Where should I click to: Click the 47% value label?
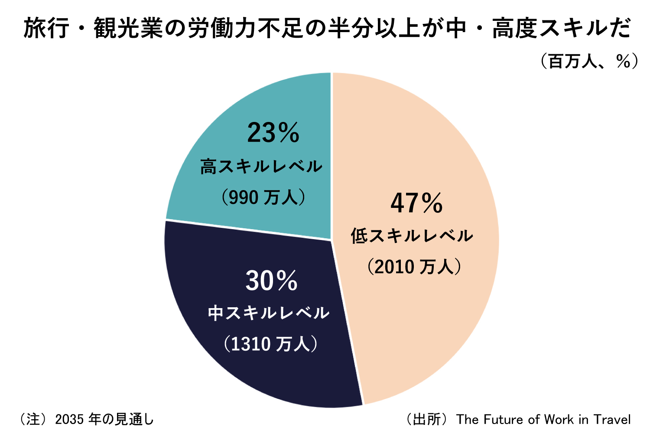[x=416, y=203]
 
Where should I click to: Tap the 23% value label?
[x=273, y=133]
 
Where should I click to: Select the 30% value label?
[x=272, y=281]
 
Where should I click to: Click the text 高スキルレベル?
[x=261, y=167]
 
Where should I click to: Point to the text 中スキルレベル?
[x=269, y=313]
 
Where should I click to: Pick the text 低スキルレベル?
[x=412, y=236]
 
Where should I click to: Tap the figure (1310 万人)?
[x=271, y=344]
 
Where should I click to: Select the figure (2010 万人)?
[x=414, y=266]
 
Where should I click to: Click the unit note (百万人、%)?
[x=589, y=62]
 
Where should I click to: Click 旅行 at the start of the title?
[x=46, y=29]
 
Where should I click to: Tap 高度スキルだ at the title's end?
[x=561, y=29]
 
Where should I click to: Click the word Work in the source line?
[x=559, y=420]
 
